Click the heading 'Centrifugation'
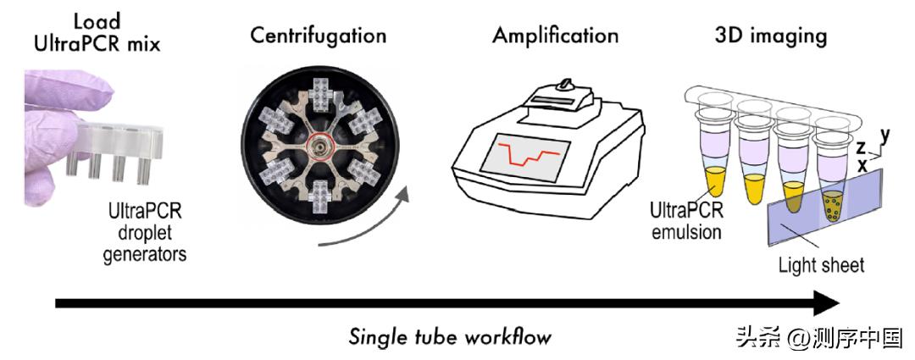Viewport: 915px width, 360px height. tap(318, 36)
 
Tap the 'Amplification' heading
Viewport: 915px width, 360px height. tap(555, 36)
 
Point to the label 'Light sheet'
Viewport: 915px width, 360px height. tap(821, 265)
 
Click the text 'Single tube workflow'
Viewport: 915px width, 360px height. tap(450, 336)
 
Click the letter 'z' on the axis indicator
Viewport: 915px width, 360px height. tap(860, 148)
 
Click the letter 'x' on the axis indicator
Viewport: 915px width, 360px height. tap(862, 165)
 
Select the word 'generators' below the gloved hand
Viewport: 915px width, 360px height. tap(141, 252)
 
